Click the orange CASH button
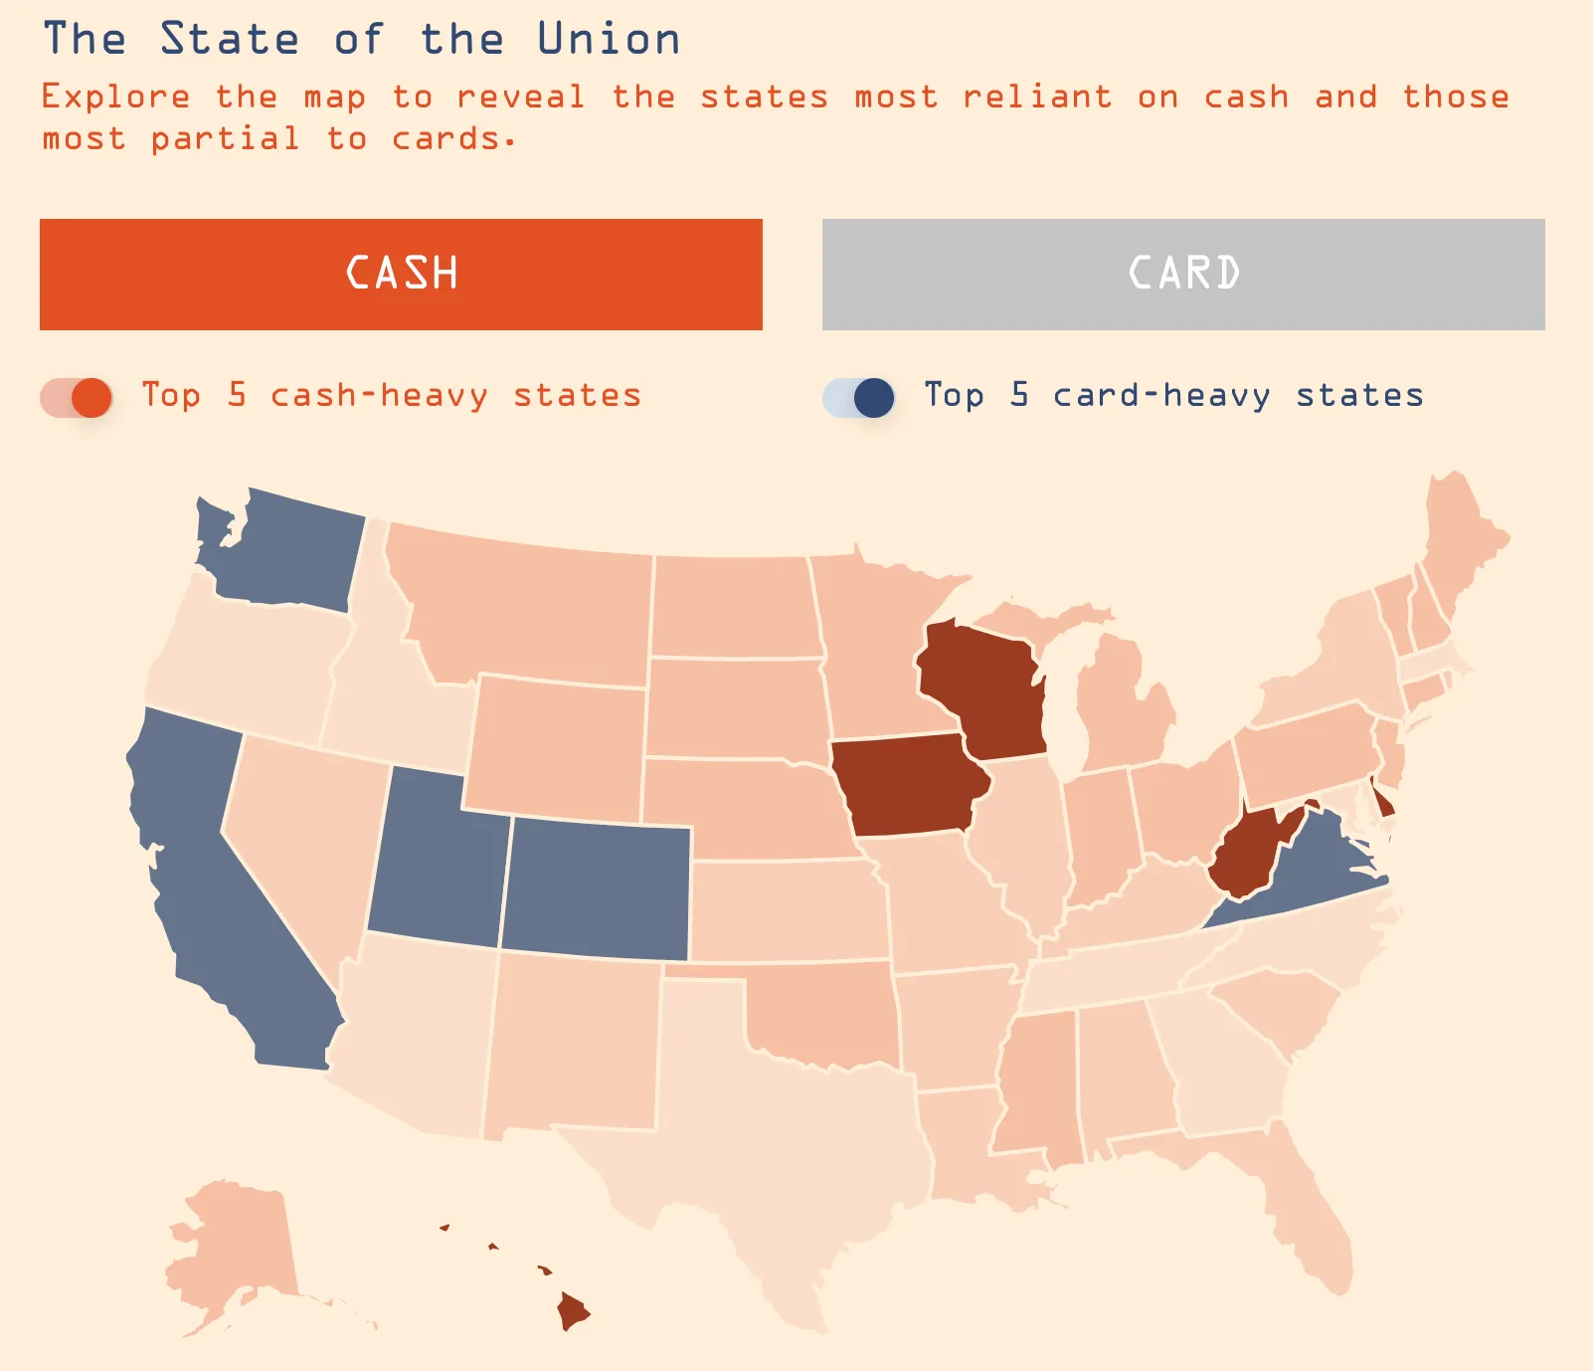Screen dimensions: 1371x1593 (401, 275)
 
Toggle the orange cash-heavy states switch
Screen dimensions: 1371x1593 (77, 397)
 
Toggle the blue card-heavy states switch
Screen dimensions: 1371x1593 (859, 397)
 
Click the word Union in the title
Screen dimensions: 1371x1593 (609, 40)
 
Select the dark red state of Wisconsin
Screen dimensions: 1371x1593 (984, 686)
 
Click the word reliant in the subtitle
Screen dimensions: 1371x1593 (1036, 98)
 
